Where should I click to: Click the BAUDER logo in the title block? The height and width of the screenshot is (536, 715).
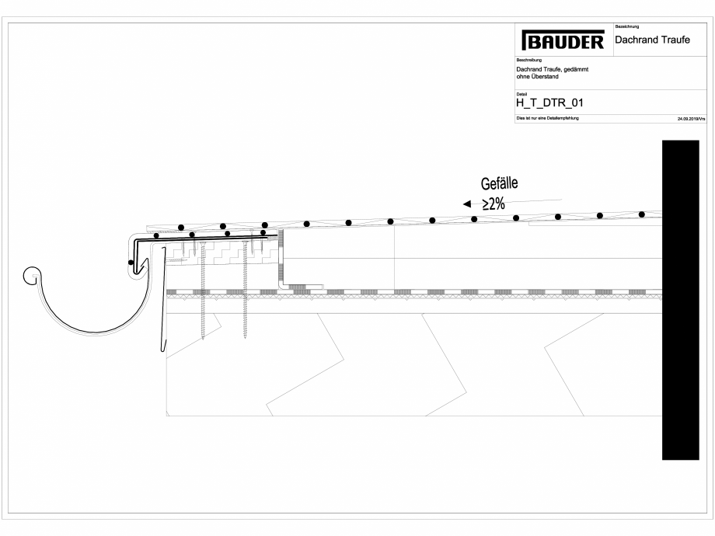click(x=563, y=41)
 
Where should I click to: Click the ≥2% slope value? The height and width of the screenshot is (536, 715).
click(x=494, y=204)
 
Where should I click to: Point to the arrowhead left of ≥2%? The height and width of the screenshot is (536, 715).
click(x=467, y=204)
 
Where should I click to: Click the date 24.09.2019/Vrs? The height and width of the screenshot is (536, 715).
click(x=690, y=120)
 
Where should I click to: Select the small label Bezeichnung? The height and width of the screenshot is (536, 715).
click(x=626, y=27)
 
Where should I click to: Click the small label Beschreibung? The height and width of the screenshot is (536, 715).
click(x=529, y=60)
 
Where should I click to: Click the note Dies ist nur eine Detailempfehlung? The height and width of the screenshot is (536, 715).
click(x=547, y=118)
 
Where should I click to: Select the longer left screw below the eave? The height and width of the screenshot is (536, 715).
click(x=202, y=291)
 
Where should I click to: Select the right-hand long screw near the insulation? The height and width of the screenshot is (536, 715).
click(x=245, y=291)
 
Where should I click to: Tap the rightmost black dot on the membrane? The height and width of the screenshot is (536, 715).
click(x=641, y=214)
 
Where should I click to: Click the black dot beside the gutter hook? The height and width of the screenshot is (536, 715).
click(x=131, y=263)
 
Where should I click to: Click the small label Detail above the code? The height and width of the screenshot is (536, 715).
click(x=521, y=93)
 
